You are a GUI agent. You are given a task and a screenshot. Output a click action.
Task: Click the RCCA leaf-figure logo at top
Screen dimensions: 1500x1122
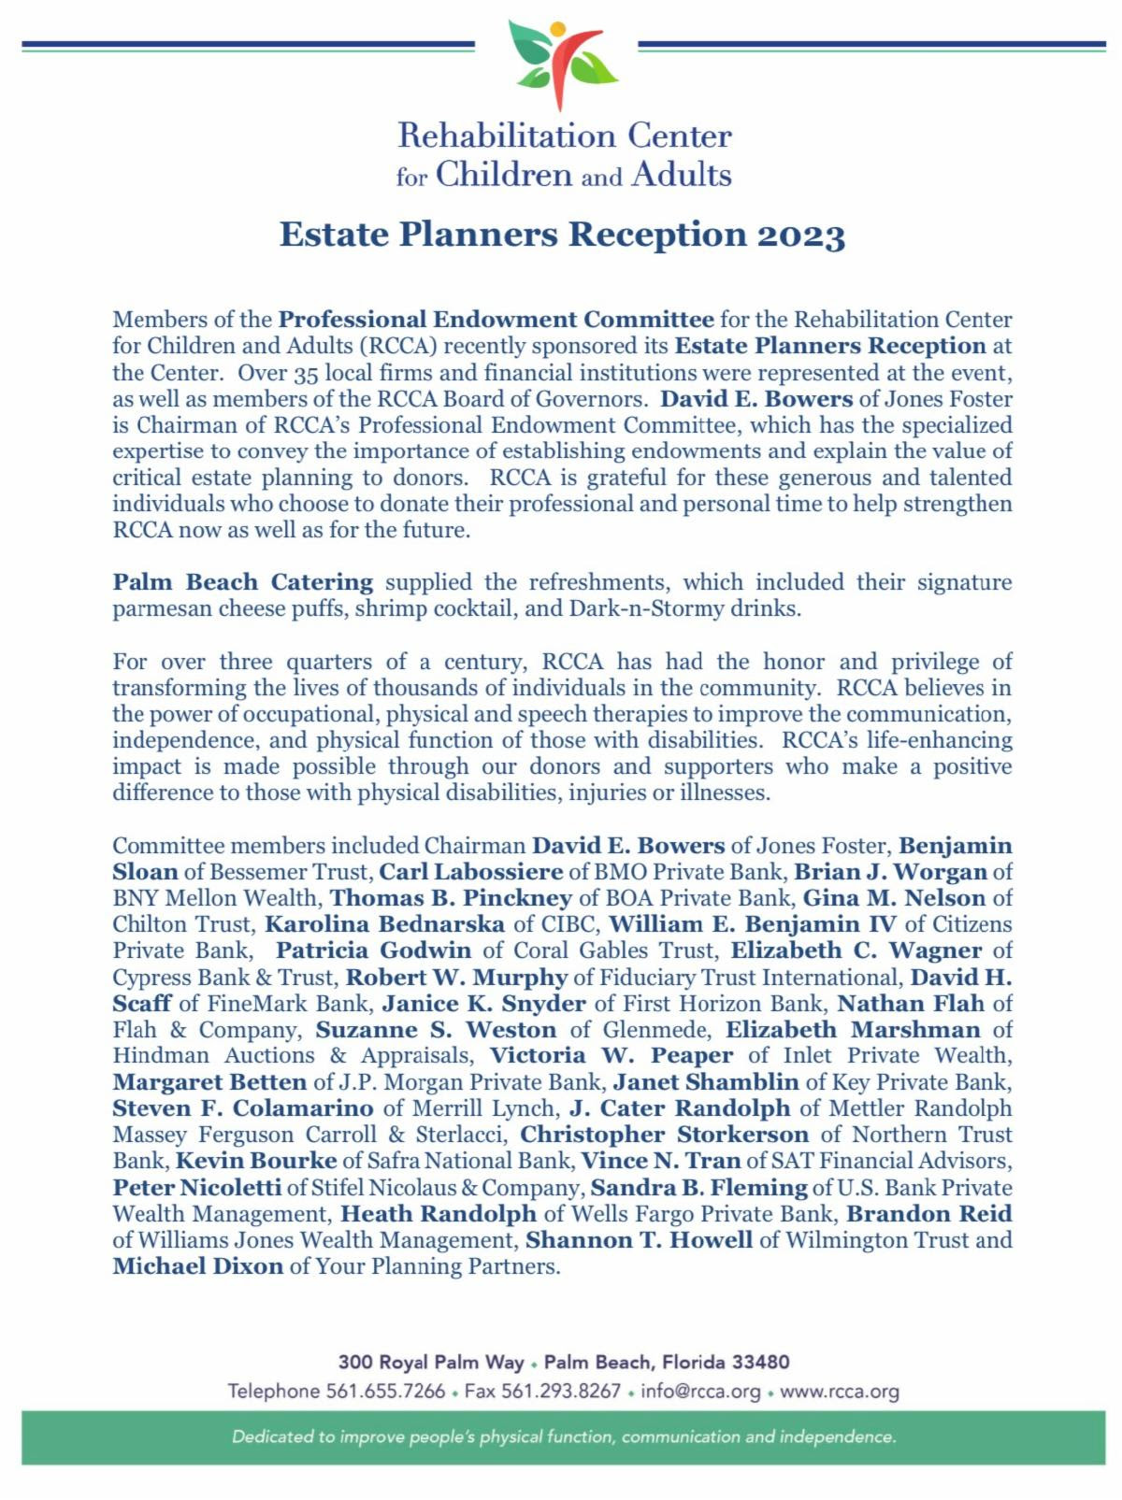(562, 64)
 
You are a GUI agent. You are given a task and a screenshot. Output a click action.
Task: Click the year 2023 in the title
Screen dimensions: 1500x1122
(801, 235)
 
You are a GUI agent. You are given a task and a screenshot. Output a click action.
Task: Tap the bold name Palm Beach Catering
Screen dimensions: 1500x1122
(242, 582)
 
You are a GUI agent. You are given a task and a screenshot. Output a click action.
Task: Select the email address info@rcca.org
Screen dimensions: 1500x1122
(700, 1391)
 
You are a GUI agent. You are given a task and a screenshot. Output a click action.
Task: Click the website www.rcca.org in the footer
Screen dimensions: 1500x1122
(839, 1391)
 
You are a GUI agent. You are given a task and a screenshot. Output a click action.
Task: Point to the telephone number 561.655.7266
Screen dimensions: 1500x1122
(385, 1391)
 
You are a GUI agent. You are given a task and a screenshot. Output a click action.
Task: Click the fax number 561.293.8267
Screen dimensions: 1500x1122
(561, 1391)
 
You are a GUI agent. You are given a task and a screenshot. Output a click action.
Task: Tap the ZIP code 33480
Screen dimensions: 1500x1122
(763, 1362)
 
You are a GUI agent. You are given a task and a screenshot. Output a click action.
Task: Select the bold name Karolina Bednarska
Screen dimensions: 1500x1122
(385, 924)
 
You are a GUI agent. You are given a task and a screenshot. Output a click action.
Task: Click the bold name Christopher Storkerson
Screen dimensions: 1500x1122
(664, 1135)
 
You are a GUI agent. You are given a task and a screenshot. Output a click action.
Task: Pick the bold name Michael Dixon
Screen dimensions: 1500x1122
(197, 1266)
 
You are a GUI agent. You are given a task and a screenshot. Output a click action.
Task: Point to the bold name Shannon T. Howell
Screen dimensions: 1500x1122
(639, 1240)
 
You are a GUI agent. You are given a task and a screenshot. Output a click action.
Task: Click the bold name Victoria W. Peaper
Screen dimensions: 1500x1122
(611, 1055)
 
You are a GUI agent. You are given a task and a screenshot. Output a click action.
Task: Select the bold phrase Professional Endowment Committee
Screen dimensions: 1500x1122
(496, 320)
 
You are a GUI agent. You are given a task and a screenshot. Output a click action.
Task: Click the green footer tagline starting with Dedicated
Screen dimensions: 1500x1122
(564, 1436)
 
